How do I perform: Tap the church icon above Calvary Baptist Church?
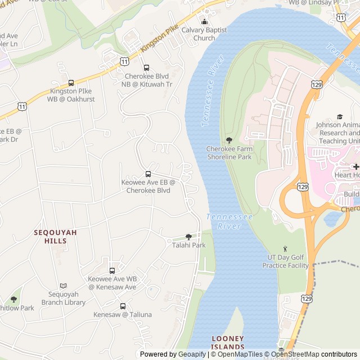pyautogui.click(x=204, y=21)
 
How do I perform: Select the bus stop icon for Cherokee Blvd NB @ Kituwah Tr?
pyautogui.click(x=147, y=67)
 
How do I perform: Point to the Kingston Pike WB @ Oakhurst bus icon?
pyautogui.click(x=71, y=83)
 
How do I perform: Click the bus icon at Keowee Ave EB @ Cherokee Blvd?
pyautogui.click(x=148, y=174)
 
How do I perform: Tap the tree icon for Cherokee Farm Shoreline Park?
pyautogui.click(x=229, y=140)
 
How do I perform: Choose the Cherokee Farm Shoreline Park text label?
pyautogui.click(x=229, y=153)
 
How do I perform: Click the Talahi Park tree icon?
pyautogui.click(x=188, y=237)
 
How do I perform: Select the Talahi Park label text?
pyautogui.click(x=188, y=245)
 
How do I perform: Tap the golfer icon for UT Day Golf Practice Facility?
pyautogui.click(x=285, y=249)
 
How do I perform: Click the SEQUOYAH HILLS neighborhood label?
pyautogui.click(x=50, y=236)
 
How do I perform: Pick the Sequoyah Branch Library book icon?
pyautogui.click(x=63, y=286)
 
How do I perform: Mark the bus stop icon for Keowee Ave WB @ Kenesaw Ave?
pyautogui.click(x=112, y=271)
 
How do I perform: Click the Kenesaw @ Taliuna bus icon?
pyautogui.click(x=123, y=306)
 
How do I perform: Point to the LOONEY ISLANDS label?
pyautogui.click(x=228, y=343)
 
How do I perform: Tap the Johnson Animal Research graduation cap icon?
pyautogui.click(x=339, y=116)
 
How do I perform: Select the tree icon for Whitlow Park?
pyautogui.click(x=14, y=299)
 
